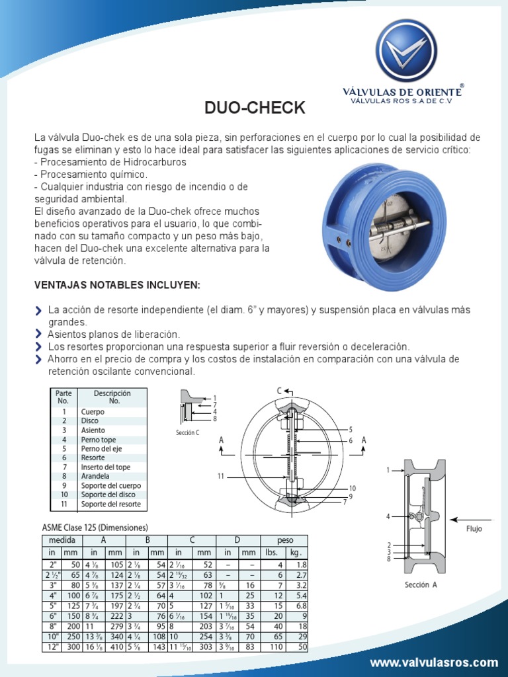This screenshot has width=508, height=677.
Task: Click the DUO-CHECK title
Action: coord(253,108)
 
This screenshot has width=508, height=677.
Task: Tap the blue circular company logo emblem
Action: coord(406,50)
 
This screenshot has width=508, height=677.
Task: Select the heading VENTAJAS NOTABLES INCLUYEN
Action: coord(116,284)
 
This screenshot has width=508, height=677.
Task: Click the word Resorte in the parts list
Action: coord(93,458)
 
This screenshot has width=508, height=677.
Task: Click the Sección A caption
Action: coord(421,584)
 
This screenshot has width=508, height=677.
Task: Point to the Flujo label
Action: coord(474,529)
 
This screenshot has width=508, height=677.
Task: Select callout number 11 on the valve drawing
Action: coord(221,476)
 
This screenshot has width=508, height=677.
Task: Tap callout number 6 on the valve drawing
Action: coord(351,440)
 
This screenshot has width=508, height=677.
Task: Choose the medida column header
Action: coord(62,540)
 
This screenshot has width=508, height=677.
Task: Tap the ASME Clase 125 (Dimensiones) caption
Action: coord(95,527)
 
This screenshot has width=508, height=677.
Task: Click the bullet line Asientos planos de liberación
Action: coord(114,335)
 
